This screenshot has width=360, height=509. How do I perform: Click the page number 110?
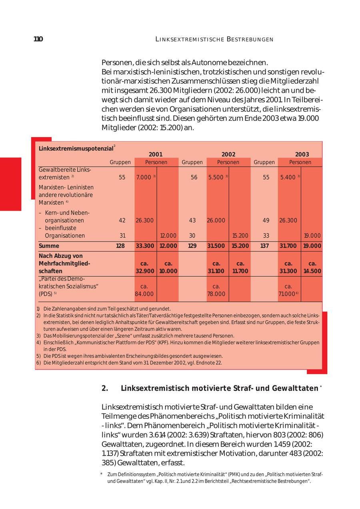pyautogui.click(x=38, y=39)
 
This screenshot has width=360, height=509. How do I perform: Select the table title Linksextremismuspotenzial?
pyautogui.click(x=76, y=148)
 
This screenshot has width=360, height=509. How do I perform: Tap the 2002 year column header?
pyautogui.click(x=228, y=154)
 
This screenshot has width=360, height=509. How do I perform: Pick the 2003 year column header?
pyautogui.click(x=302, y=154)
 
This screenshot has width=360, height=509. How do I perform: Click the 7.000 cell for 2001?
pyautogui.click(x=144, y=177)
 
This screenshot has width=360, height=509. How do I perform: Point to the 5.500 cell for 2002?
pyautogui.click(x=216, y=177)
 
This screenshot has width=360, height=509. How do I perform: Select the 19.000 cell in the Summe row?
pyautogui.click(x=312, y=246)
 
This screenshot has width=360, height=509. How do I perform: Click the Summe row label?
pyautogui.click(x=49, y=246)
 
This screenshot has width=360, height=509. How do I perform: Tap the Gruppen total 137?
pyautogui.click(x=264, y=246)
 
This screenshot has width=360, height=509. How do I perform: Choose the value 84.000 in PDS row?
pyautogui.click(x=144, y=294)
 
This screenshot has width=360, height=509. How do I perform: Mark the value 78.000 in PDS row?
pyautogui.click(x=216, y=294)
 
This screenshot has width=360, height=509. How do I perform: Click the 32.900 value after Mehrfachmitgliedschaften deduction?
pyautogui.click(x=145, y=271)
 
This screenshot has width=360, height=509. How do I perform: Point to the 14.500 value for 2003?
pyautogui.click(x=312, y=271)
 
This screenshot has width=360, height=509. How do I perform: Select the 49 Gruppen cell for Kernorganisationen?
pyautogui.click(x=266, y=220)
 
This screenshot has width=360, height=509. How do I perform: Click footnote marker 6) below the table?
pyautogui.click(x=38, y=363)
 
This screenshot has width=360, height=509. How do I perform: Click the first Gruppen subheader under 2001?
pyautogui.click(x=120, y=162)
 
